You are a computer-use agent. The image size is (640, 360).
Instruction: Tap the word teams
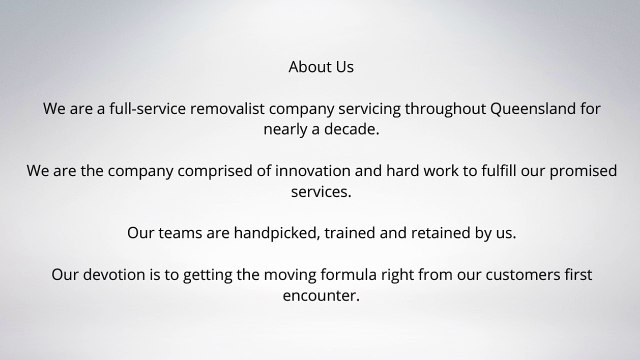point(185,233)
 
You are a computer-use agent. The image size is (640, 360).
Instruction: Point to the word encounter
point(320,296)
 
